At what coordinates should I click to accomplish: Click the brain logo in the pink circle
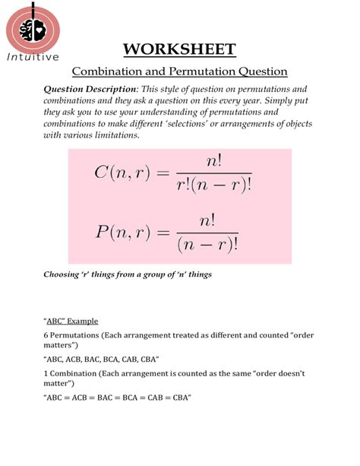pyautogui.click(x=33, y=27)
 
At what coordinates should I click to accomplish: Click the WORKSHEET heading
pyautogui.click(x=180, y=50)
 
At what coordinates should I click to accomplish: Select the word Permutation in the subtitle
pyautogui.click(x=205, y=72)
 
